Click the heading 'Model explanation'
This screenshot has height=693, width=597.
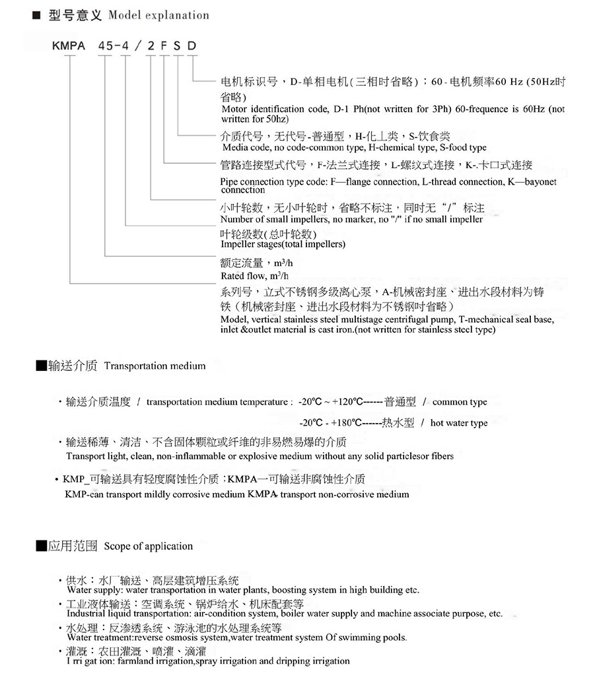[x=158, y=15]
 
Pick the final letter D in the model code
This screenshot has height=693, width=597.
[x=192, y=46]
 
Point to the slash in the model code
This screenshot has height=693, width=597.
[x=139, y=46]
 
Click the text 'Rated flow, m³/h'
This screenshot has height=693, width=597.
[x=254, y=275]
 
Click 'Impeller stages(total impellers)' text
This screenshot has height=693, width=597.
[x=283, y=244]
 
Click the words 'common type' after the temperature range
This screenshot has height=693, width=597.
[x=460, y=402]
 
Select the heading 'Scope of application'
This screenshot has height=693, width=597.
[x=149, y=546]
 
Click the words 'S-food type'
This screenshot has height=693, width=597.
[x=463, y=147]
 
